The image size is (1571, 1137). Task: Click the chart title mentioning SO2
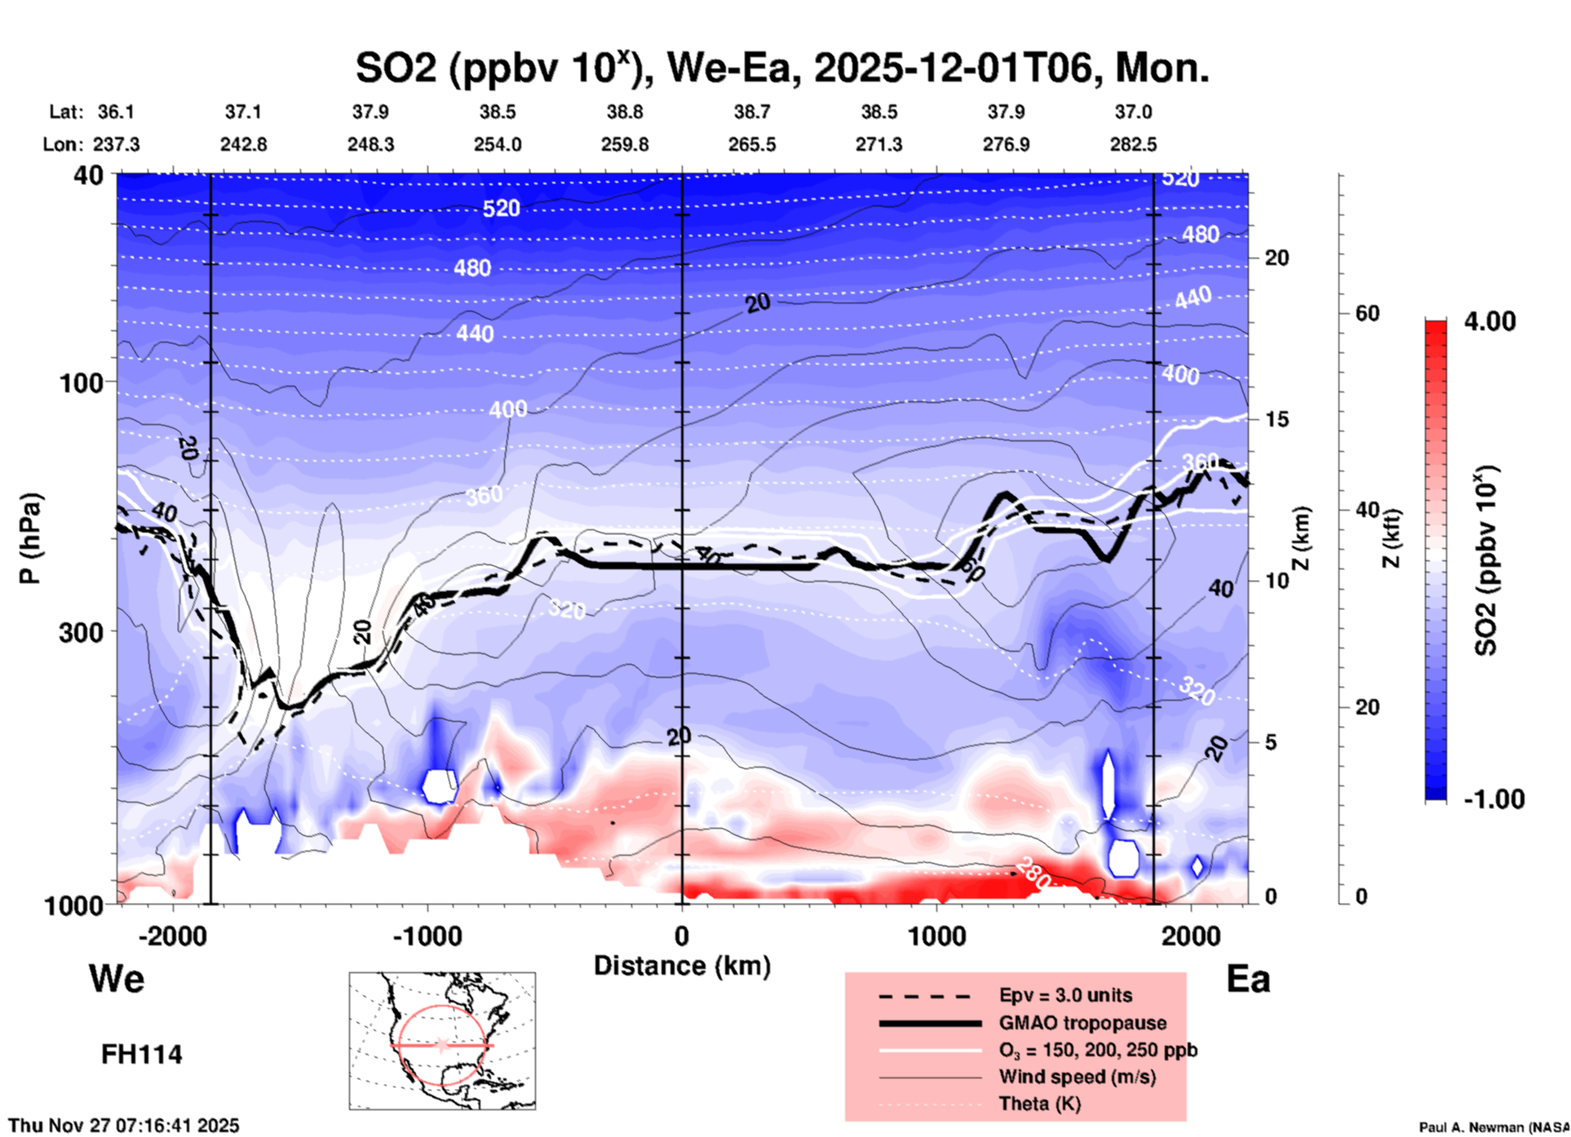click(x=781, y=69)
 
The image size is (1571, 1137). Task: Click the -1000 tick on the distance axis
click(x=427, y=936)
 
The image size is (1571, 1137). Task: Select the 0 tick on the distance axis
click(x=682, y=936)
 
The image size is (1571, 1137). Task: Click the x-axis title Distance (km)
click(x=682, y=966)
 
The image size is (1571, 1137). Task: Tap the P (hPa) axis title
click(x=29, y=538)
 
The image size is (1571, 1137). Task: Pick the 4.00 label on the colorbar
click(x=1489, y=321)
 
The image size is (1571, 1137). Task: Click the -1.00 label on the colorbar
click(x=1494, y=799)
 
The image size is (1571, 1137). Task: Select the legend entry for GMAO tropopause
click(x=1082, y=1023)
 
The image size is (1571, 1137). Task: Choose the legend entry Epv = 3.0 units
click(x=1065, y=996)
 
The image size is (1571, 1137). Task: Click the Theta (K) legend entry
click(x=1039, y=1104)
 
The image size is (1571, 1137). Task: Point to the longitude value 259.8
click(x=625, y=144)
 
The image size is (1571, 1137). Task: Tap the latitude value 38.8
click(x=625, y=112)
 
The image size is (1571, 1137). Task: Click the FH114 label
click(x=141, y=1055)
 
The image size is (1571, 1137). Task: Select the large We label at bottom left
click(x=117, y=979)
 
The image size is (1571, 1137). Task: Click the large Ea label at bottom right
click(x=1248, y=979)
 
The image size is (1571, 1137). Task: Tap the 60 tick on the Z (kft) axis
click(x=1367, y=313)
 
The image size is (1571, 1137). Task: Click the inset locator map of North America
click(x=442, y=1040)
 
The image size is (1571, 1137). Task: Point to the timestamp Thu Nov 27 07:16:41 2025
click(x=124, y=1126)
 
